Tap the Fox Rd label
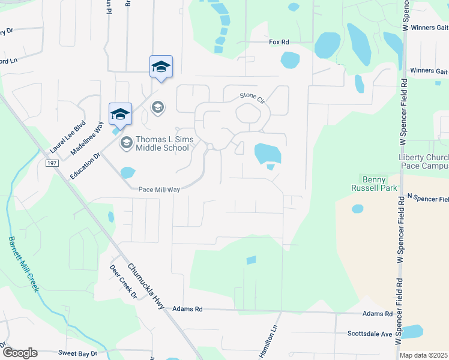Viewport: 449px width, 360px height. click(x=279, y=42)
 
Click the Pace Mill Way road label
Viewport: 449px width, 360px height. click(x=159, y=189)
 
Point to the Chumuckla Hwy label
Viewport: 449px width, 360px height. click(x=147, y=287)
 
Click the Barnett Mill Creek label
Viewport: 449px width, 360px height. click(x=23, y=265)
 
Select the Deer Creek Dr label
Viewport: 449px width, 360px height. click(x=124, y=282)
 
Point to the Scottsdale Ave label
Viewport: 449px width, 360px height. click(x=369, y=334)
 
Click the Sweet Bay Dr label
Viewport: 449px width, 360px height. click(x=77, y=353)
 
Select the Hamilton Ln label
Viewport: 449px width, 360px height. click(x=270, y=343)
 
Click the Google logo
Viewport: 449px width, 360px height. click(x=19, y=353)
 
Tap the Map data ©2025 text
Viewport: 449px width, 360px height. click(x=424, y=355)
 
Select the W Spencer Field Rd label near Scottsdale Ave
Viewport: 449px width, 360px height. click(x=398, y=312)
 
